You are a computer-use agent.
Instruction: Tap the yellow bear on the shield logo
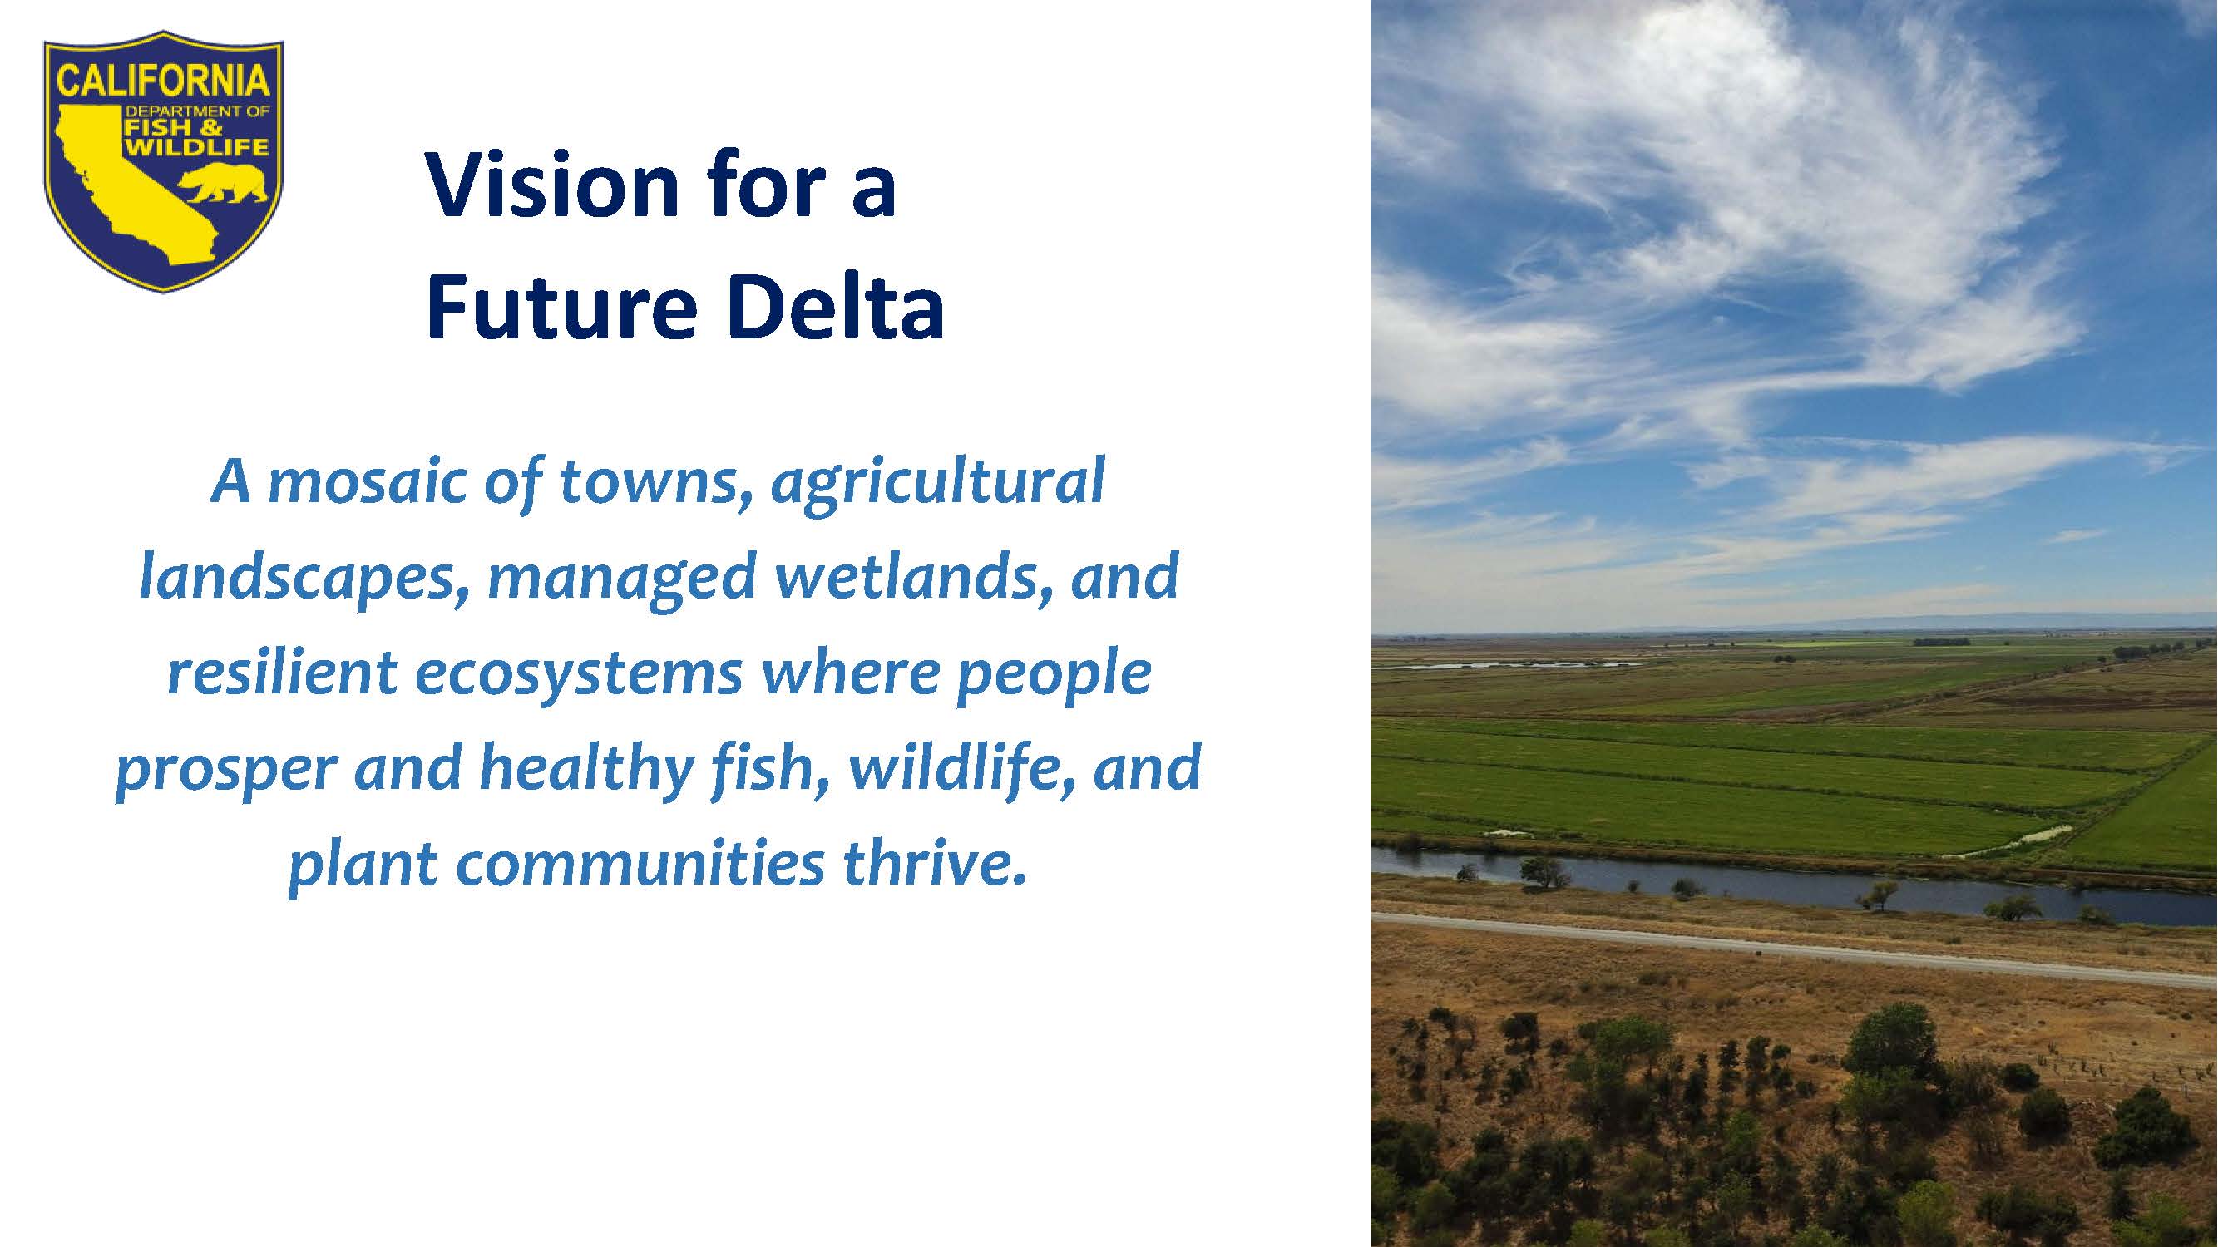[222, 182]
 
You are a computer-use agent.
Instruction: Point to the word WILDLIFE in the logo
[196, 147]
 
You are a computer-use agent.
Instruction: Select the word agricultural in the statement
[937, 485]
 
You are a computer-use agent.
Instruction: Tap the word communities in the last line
[640, 865]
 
